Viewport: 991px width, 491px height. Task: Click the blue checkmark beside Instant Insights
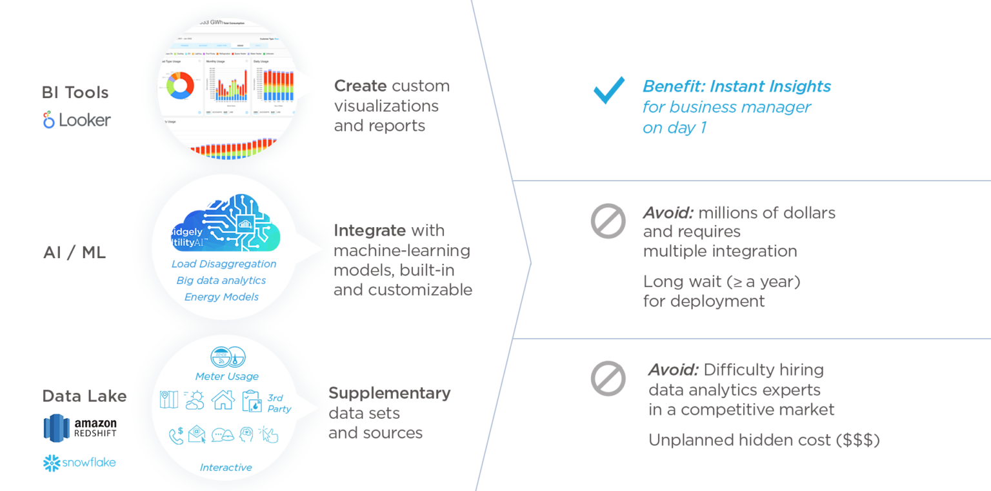[x=608, y=90]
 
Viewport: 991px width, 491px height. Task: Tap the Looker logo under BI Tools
[x=77, y=120]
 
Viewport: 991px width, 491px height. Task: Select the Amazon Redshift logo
[x=80, y=428]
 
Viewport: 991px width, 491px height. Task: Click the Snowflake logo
[x=79, y=463]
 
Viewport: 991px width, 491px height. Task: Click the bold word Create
[x=360, y=86]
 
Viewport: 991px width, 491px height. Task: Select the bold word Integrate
[x=370, y=230]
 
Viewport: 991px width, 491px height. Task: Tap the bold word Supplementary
[x=389, y=393]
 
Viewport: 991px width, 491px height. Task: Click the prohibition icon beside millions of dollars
[x=608, y=221]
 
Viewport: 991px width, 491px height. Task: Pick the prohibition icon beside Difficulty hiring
[x=608, y=378]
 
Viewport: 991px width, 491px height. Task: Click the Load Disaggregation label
[x=224, y=264]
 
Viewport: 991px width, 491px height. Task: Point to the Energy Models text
[x=221, y=297]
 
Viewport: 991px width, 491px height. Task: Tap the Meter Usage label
[x=226, y=376]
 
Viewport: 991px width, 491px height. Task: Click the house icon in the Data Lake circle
[x=223, y=400]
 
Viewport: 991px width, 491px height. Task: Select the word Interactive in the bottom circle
[x=226, y=467]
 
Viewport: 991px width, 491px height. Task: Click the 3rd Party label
[x=279, y=403]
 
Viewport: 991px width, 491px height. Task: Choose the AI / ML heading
[x=74, y=253]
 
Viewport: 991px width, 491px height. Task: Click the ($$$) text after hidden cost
[x=857, y=440]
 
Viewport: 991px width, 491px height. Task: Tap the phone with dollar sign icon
[x=175, y=436]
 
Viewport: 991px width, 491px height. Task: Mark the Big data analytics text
[x=221, y=281]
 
